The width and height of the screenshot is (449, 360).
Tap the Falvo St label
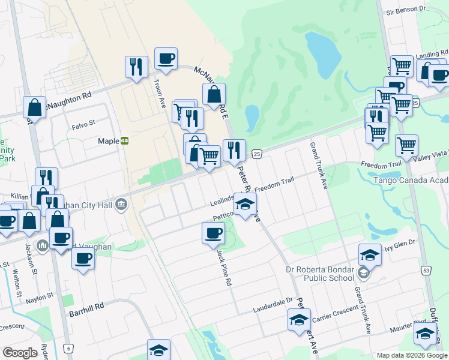click(x=83, y=124)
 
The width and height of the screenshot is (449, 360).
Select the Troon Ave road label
click(x=159, y=94)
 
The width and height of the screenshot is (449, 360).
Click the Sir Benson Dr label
click(x=405, y=11)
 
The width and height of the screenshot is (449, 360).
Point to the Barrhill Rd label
click(x=86, y=305)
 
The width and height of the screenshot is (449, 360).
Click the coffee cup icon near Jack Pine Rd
click(x=213, y=233)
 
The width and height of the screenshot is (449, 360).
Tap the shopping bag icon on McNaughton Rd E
click(x=214, y=94)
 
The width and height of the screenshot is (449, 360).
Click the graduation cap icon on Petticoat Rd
click(x=245, y=204)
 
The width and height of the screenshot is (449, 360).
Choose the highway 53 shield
click(x=426, y=271)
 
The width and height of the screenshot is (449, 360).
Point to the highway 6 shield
click(x=69, y=349)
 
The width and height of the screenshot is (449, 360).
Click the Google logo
click(x=20, y=353)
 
